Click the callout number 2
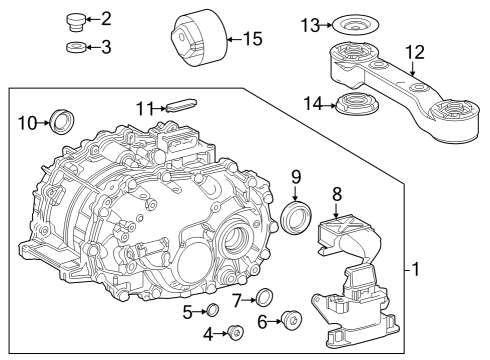(x=107, y=19)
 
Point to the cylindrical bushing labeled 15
(x=196, y=41)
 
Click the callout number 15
(x=252, y=40)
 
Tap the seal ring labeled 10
(x=62, y=123)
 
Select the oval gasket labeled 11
(x=181, y=104)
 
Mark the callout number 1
(x=414, y=269)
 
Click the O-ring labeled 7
(x=265, y=297)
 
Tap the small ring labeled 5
(x=213, y=310)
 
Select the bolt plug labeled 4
(x=237, y=332)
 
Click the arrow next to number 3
(x=92, y=47)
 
